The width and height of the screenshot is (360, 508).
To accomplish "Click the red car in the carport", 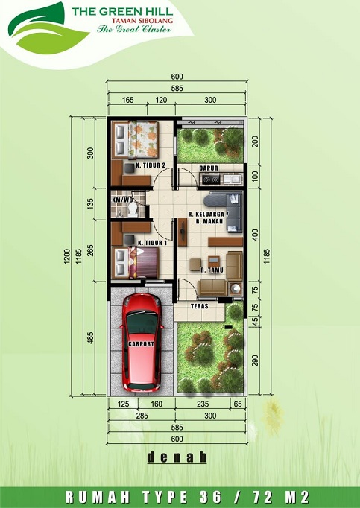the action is tap(142, 342).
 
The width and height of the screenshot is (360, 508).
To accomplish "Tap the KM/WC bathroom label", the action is tap(122, 200).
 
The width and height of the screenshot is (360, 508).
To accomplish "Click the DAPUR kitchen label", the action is tap(209, 168).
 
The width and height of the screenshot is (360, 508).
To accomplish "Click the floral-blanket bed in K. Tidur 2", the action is tap(136, 140).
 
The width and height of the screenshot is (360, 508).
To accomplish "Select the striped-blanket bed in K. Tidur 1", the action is tap(136, 263).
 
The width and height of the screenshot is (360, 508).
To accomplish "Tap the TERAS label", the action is tap(200, 306).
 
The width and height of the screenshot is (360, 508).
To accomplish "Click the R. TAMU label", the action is tap(212, 270).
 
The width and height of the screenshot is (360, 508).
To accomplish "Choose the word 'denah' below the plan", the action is tap(177, 457).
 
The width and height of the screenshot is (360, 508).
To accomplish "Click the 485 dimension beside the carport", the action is tap(90, 337).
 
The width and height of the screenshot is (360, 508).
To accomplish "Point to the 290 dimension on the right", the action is tap(255, 361).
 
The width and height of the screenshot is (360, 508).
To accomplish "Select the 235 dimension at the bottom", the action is tap(203, 404).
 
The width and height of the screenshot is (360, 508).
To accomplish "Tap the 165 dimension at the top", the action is tap(127, 100).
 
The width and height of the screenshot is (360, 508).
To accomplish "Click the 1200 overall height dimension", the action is tap(67, 256).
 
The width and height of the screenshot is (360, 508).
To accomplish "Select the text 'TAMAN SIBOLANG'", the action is tap(142, 21).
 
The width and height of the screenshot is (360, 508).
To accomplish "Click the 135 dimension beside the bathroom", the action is tap(90, 203).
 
